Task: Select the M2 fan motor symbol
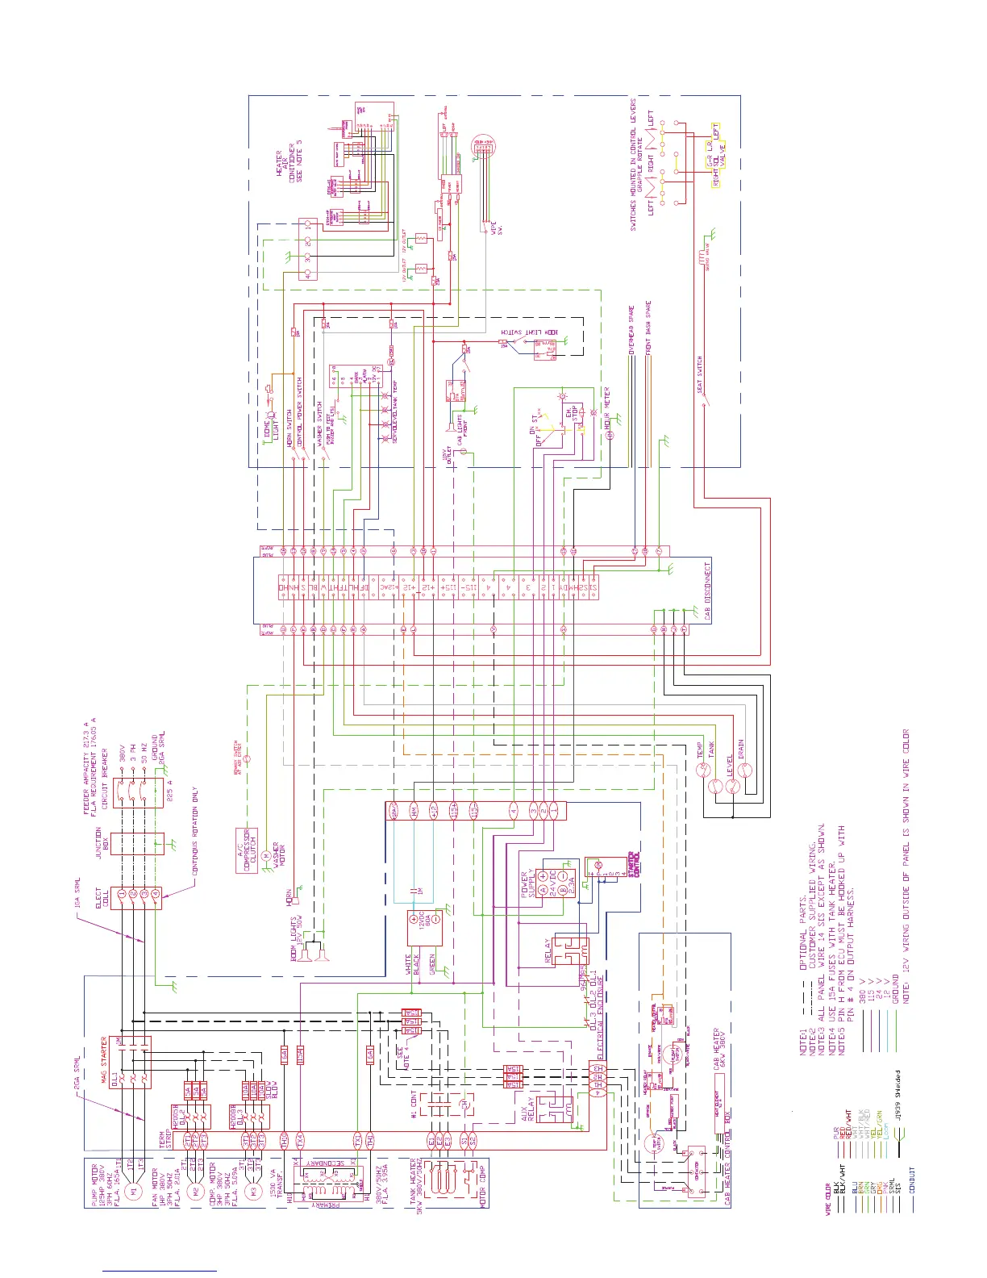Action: point(194,1191)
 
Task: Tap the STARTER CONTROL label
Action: point(634,864)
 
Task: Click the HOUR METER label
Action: point(607,407)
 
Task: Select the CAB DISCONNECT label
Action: point(708,591)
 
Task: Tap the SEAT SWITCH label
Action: point(700,375)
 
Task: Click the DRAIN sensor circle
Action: point(747,769)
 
